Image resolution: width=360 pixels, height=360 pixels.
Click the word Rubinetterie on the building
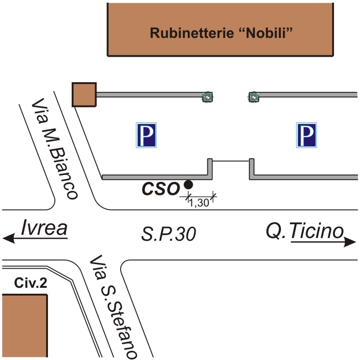click(x=192, y=33)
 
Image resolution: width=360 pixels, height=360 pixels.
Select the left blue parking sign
click(x=146, y=135)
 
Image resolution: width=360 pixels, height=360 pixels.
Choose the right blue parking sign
click(x=307, y=135)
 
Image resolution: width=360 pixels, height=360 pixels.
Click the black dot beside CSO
click(x=189, y=185)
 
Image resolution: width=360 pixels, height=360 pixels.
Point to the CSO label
click(x=160, y=189)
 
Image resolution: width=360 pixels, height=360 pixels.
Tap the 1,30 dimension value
click(x=199, y=203)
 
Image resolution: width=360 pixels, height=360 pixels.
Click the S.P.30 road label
click(x=169, y=234)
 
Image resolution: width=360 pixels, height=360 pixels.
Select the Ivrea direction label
click(x=44, y=228)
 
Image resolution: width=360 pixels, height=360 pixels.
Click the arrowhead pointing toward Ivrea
click(x=9, y=238)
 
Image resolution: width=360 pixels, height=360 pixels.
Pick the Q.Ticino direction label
click(x=305, y=231)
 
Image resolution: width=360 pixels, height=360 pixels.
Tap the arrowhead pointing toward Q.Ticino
click(x=350, y=242)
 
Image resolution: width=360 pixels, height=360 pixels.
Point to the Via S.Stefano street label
click(x=113, y=307)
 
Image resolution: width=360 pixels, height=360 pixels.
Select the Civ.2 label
click(x=31, y=283)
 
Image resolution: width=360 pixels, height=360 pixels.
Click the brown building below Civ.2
click(x=25, y=326)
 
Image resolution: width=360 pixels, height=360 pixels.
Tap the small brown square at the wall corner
click(x=84, y=95)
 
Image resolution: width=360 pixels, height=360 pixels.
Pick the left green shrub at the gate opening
click(x=207, y=97)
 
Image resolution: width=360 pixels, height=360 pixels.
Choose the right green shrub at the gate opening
click(x=253, y=97)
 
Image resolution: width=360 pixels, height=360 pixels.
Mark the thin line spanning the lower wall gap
click(x=231, y=161)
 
